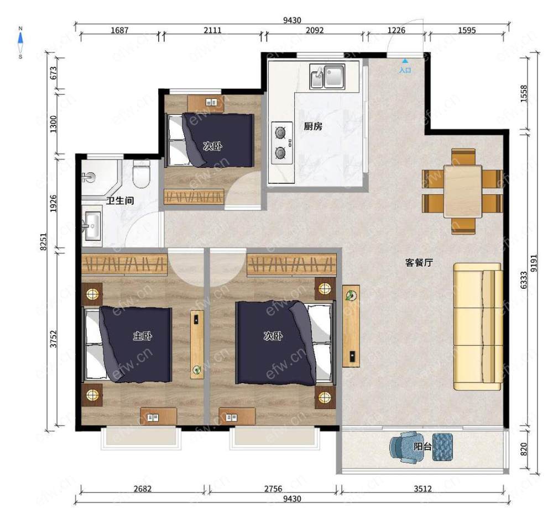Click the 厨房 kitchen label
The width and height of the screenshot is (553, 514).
(313, 126)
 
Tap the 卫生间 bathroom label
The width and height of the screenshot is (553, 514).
(120, 200)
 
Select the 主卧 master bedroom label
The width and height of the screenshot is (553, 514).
(143, 336)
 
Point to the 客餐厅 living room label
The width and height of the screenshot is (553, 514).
(419, 263)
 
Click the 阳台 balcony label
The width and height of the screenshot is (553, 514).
(422, 447)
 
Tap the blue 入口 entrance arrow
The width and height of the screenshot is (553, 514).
(405, 61)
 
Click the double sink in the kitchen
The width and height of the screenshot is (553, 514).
(327, 76)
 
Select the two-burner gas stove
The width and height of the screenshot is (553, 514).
(282, 143)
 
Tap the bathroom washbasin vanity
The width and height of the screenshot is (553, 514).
(92, 226)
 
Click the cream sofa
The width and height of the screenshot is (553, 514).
(478, 326)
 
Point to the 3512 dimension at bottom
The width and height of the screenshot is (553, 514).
(422, 488)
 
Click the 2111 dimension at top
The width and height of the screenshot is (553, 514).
(212, 30)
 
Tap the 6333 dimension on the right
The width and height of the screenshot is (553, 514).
(524, 280)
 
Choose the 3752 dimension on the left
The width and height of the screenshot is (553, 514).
(53, 339)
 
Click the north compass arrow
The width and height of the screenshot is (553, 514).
(20, 39)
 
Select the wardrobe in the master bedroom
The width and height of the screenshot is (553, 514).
(124, 264)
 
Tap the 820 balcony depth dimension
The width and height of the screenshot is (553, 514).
(524, 449)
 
